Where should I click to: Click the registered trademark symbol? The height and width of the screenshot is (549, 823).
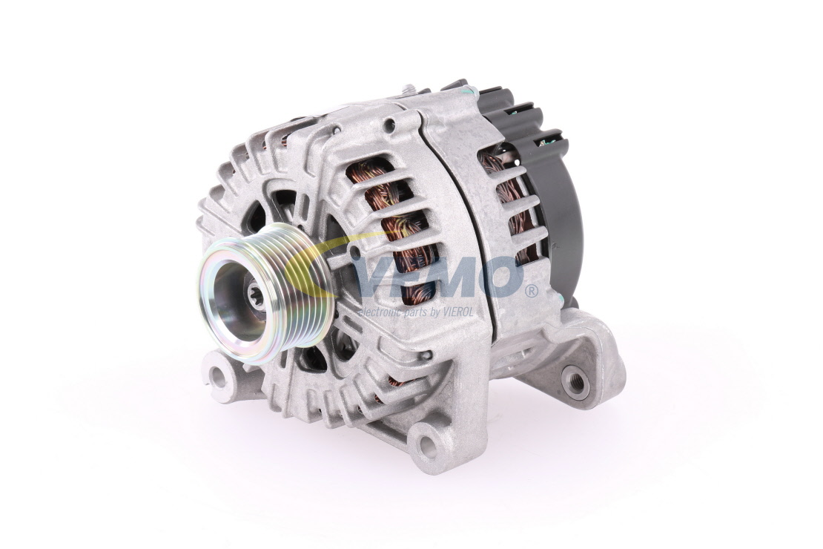(x=532, y=291)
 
